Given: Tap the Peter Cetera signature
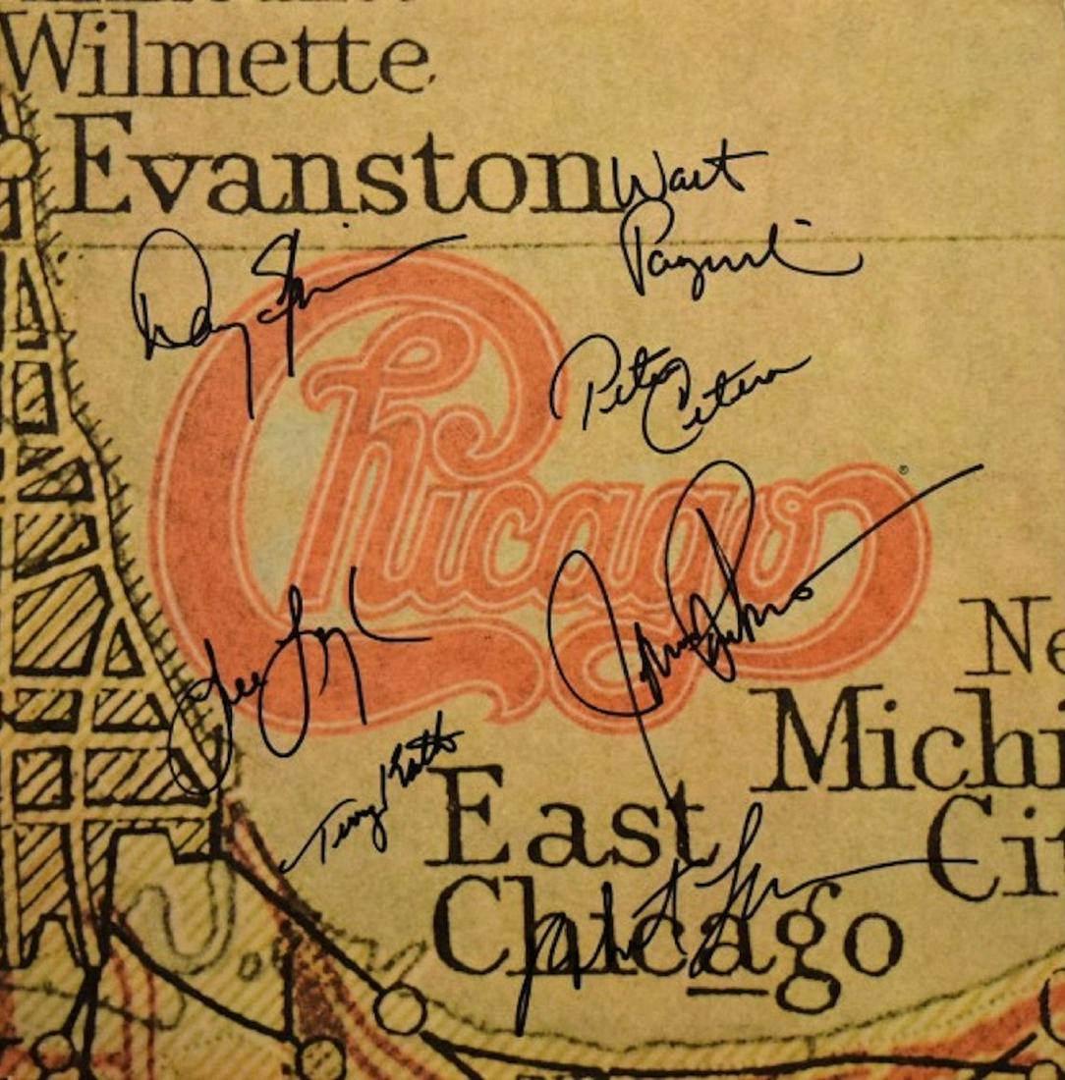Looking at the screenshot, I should click(678, 393).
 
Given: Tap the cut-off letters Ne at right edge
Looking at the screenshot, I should click(1012, 638).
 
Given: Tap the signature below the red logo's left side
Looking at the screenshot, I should click(285, 677).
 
